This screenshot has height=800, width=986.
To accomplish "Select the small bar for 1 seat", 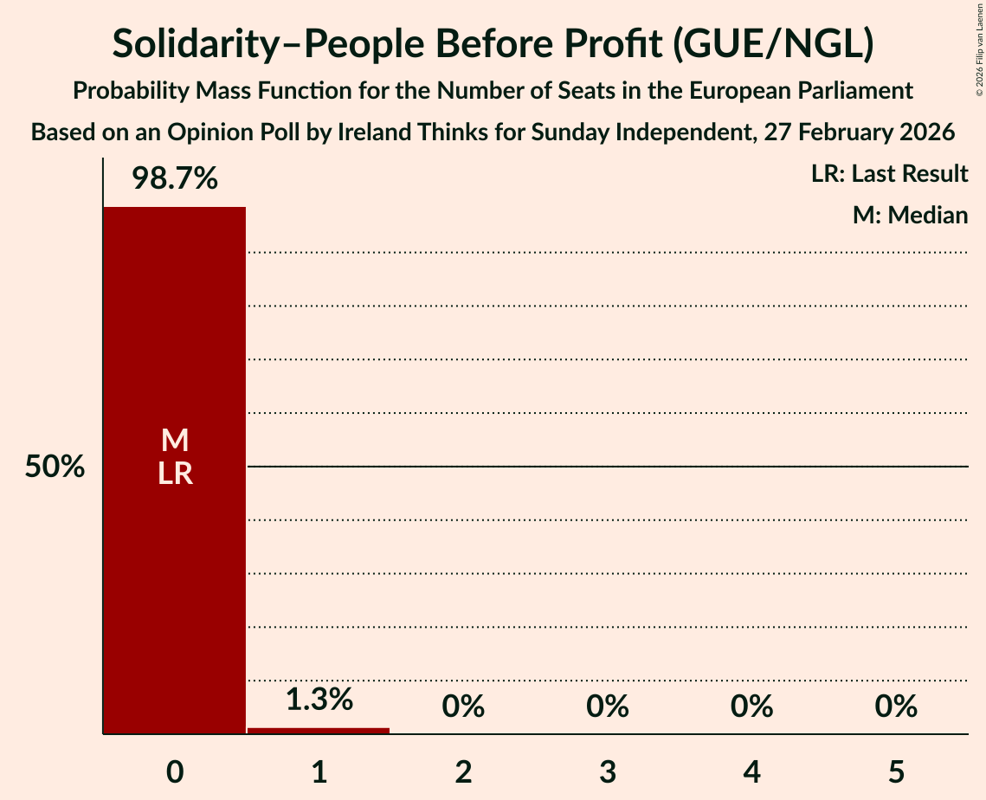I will (x=319, y=731).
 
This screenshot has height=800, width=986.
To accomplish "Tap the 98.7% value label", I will (x=174, y=179).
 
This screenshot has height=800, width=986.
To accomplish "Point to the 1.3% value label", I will (x=319, y=699).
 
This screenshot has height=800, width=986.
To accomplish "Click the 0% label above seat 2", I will (x=463, y=706).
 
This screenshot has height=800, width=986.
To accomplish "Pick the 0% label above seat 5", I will (x=896, y=706).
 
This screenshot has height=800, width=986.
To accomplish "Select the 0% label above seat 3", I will (x=607, y=706).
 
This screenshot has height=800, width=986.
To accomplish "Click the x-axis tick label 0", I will (x=175, y=771).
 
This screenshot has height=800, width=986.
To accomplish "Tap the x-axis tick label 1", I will (x=319, y=771).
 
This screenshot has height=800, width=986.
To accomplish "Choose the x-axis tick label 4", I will (x=751, y=771).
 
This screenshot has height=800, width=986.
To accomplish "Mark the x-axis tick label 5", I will (x=896, y=771).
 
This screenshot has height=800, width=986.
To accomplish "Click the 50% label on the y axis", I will (x=55, y=468).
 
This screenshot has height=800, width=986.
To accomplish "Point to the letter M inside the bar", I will (x=174, y=440).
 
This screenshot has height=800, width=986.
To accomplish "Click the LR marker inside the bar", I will (x=174, y=474).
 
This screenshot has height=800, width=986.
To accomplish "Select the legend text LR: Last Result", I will (x=889, y=174).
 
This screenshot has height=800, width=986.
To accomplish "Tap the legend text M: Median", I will (x=910, y=215).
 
